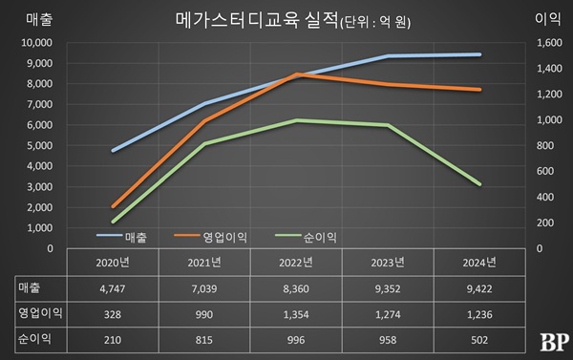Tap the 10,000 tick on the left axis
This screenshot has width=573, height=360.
pos(38,43)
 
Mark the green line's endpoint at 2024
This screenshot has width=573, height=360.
pos(479,184)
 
